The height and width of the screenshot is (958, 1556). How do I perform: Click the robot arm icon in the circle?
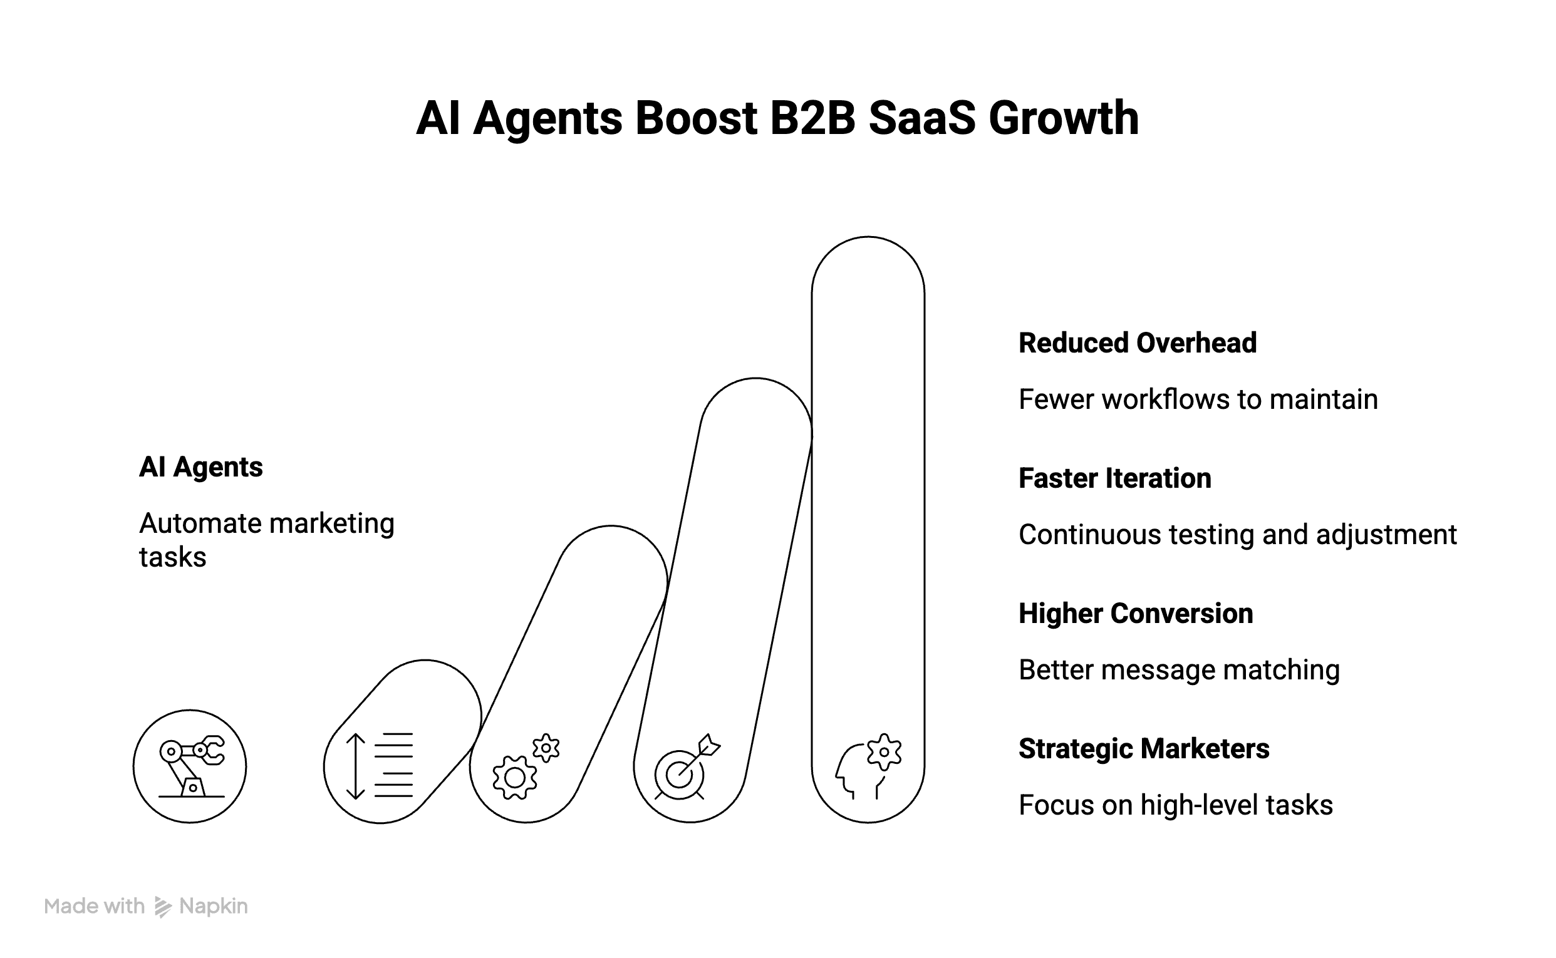click(190, 766)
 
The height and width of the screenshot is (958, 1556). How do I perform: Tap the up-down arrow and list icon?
click(380, 765)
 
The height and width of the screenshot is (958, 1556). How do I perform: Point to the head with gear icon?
click(868, 766)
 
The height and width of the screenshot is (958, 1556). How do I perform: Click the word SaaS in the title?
click(921, 118)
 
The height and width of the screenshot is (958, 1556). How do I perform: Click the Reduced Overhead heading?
click(1137, 343)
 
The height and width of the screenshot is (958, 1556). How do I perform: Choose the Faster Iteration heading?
click(1114, 478)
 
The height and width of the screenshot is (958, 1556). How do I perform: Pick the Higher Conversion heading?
click(1135, 614)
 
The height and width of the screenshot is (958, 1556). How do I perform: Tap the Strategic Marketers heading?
click(1143, 749)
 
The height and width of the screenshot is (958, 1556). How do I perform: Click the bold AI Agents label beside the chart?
click(200, 467)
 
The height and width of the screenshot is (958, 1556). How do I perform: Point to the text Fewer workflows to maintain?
click(1198, 400)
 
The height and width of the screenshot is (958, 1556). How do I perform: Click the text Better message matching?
click(1179, 670)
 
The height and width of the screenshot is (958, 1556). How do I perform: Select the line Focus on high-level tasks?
click(1175, 805)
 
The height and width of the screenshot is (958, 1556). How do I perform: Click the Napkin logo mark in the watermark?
click(163, 907)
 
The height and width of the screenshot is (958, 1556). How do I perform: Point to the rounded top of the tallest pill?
click(868, 254)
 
